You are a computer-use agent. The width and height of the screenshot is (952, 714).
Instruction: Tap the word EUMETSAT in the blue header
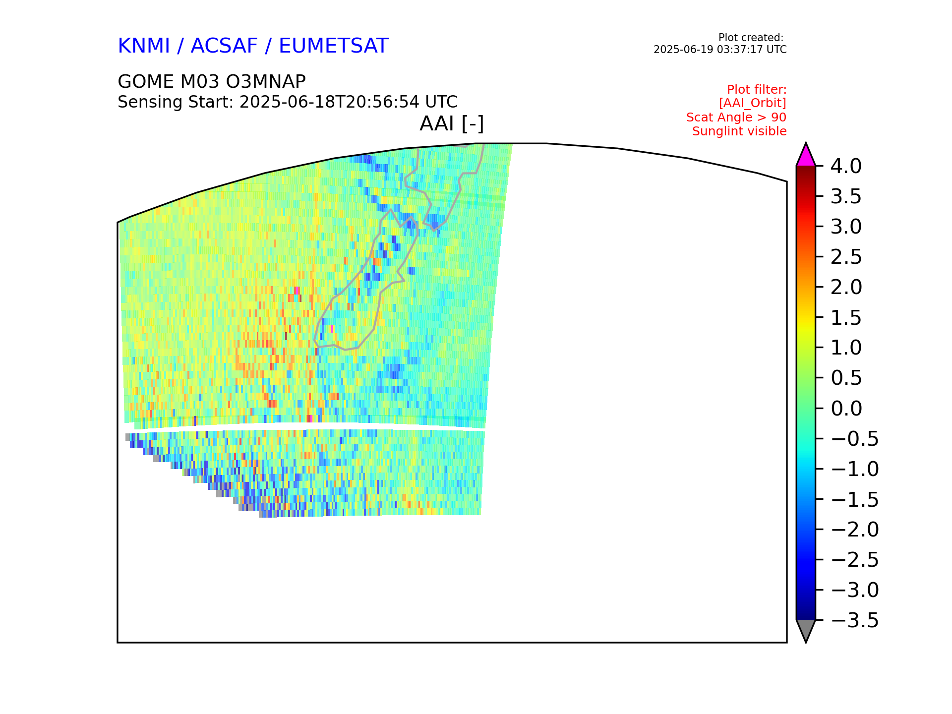(333, 46)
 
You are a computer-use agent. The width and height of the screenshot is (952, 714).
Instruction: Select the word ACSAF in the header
(224, 46)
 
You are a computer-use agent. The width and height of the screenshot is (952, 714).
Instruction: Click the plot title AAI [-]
(452, 124)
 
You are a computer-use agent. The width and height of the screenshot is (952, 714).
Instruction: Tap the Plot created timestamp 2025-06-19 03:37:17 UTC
(720, 50)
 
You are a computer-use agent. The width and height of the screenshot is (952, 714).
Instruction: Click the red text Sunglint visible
(739, 131)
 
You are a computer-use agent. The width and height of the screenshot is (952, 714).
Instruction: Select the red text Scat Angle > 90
(736, 118)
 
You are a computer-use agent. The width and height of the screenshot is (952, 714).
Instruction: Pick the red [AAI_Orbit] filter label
(753, 103)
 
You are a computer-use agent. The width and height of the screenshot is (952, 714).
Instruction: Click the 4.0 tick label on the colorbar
(846, 167)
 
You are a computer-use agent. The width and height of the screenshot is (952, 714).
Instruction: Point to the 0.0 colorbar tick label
(846, 409)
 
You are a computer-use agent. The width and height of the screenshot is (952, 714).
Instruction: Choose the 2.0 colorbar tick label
(846, 288)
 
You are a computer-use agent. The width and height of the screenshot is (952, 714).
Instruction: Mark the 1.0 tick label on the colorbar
(846, 348)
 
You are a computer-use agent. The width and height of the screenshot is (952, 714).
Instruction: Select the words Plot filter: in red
(757, 90)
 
